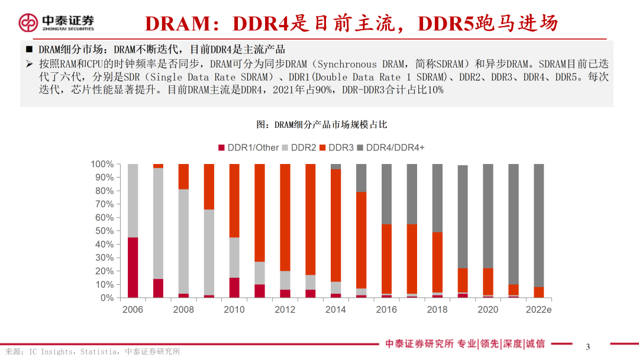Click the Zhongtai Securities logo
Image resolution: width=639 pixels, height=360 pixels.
point(56,23)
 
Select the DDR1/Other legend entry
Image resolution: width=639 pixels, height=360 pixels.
point(249,147)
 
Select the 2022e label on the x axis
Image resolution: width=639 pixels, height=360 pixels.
point(539,310)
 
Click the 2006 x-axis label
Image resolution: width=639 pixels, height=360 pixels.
point(133,310)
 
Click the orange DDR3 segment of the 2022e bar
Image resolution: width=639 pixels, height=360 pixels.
point(539,292)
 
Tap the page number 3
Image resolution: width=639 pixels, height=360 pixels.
point(588,347)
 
